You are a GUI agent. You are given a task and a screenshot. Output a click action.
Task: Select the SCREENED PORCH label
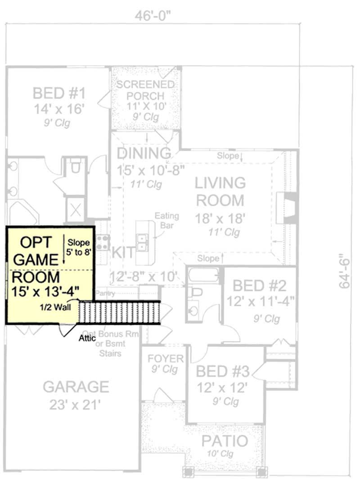pyautogui.click(x=145, y=90)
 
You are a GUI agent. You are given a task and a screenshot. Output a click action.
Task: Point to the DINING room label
pyautogui.click(x=144, y=153)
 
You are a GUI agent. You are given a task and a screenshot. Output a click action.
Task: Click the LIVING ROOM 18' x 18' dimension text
pyautogui.click(x=220, y=219)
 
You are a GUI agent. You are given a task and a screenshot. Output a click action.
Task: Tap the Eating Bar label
pyautogui.click(x=167, y=220)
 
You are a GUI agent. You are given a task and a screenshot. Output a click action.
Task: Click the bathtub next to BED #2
pyautogui.click(x=204, y=275)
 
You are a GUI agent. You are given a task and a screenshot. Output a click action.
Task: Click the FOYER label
pyautogui.click(x=166, y=359)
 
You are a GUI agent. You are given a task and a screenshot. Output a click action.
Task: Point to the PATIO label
pyautogui.click(x=224, y=441)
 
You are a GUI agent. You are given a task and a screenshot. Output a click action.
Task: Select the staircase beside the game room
pyautogui.click(x=120, y=313)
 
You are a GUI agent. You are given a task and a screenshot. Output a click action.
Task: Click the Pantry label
pyautogui.click(x=105, y=293)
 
